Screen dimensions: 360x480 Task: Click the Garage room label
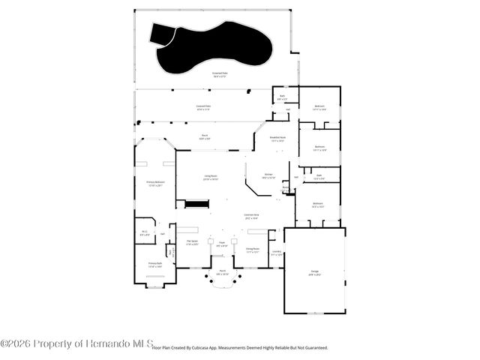(315, 272)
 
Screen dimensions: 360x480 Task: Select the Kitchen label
(268, 176)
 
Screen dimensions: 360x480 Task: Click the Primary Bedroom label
(155, 184)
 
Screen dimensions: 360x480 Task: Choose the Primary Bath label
(154, 265)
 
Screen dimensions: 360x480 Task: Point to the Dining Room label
(253, 250)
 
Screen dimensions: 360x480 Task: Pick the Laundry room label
(276, 253)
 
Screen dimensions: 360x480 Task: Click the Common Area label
(251, 216)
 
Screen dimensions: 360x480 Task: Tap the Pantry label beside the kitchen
(286, 188)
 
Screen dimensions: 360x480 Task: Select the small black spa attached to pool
(161, 33)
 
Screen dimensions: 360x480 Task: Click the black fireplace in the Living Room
(196, 204)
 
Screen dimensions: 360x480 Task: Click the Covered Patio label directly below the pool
(220, 75)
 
